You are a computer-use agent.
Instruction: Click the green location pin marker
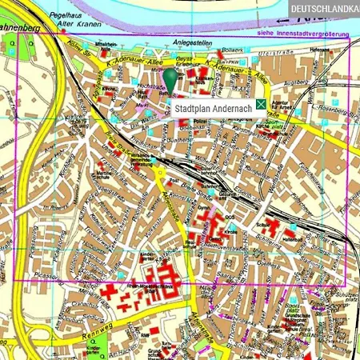170,81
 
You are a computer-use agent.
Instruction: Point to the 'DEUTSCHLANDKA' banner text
325,8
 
